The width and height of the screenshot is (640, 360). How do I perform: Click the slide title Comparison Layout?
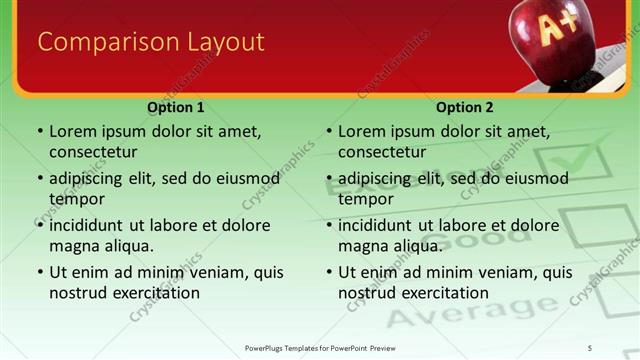[x=151, y=42]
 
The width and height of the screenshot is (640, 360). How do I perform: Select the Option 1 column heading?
[x=176, y=107]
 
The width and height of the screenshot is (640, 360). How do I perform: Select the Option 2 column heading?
[x=465, y=107]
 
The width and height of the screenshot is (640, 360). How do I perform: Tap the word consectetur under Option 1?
[x=93, y=152]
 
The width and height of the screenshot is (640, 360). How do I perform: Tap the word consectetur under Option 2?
[x=382, y=152]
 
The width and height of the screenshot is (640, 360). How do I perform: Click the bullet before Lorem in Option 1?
[x=40, y=131]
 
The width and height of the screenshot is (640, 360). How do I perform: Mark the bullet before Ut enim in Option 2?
[x=329, y=272]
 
